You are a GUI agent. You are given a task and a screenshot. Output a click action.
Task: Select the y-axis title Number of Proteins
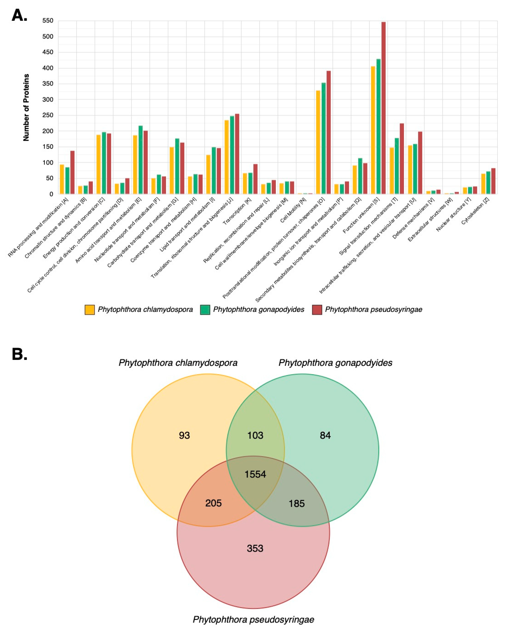click(x=26, y=108)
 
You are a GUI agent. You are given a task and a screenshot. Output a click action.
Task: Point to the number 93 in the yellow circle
click(x=184, y=435)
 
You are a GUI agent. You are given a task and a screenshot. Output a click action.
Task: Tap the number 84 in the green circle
click(x=325, y=435)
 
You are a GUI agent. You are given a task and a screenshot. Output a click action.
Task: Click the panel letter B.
click(x=19, y=354)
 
